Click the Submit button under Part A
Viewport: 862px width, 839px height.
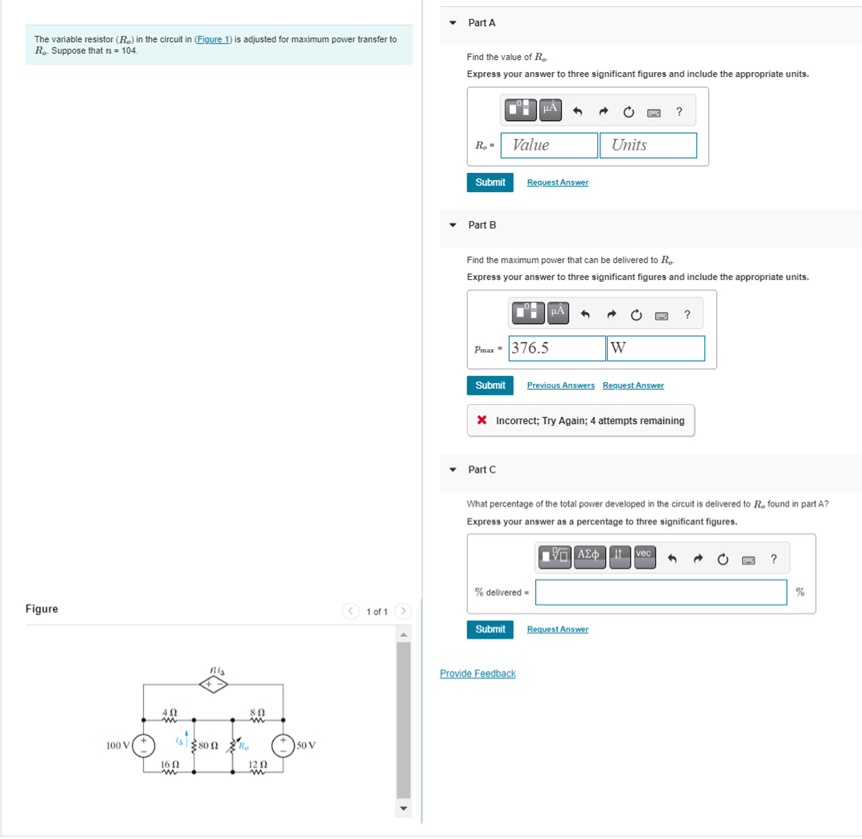click(x=490, y=182)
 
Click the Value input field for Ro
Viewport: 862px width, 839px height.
click(x=549, y=145)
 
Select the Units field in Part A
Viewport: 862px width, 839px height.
click(x=648, y=145)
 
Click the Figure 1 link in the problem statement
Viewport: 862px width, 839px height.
click(x=213, y=39)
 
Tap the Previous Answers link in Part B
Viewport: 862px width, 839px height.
click(x=560, y=386)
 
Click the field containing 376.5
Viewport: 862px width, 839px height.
click(x=556, y=349)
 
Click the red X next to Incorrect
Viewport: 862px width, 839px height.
click(x=481, y=420)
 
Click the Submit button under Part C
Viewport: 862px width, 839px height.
click(x=490, y=629)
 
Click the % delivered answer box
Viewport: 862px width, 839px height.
click(x=661, y=592)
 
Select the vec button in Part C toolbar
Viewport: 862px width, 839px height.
click(x=644, y=556)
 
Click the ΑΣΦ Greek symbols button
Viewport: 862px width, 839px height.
click(x=589, y=556)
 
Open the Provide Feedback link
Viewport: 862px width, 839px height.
click(x=477, y=674)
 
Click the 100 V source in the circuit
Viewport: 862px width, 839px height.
click(x=143, y=746)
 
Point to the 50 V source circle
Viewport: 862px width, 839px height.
click(x=283, y=746)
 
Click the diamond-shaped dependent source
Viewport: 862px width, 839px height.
click(x=214, y=684)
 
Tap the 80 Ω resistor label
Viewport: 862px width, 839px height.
click(x=208, y=746)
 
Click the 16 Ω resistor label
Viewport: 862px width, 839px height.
click(x=170, y=765)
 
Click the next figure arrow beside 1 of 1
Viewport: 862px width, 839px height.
click(x=403, y=611)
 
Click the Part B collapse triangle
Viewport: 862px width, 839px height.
click(x=453, y=225)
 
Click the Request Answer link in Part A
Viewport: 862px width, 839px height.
click(x=557, y=183)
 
